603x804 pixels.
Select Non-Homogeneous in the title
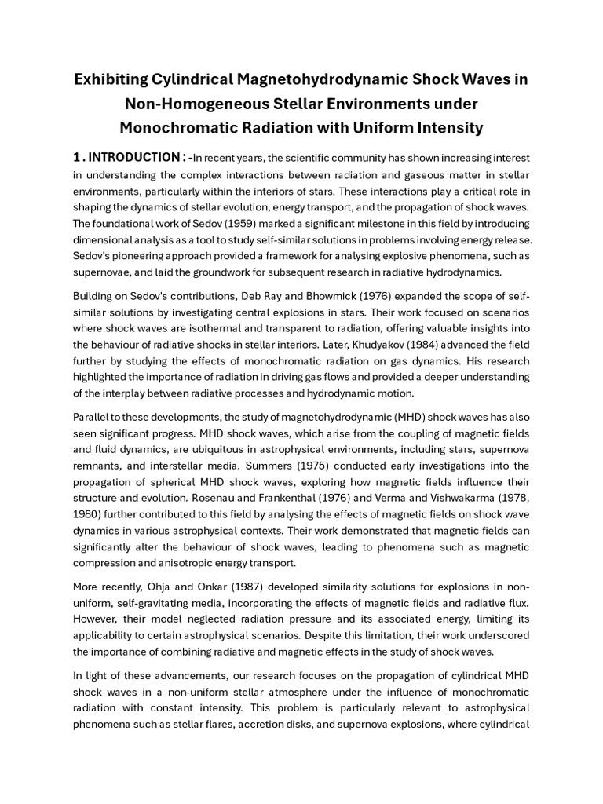190,104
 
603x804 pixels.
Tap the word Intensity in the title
444,127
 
